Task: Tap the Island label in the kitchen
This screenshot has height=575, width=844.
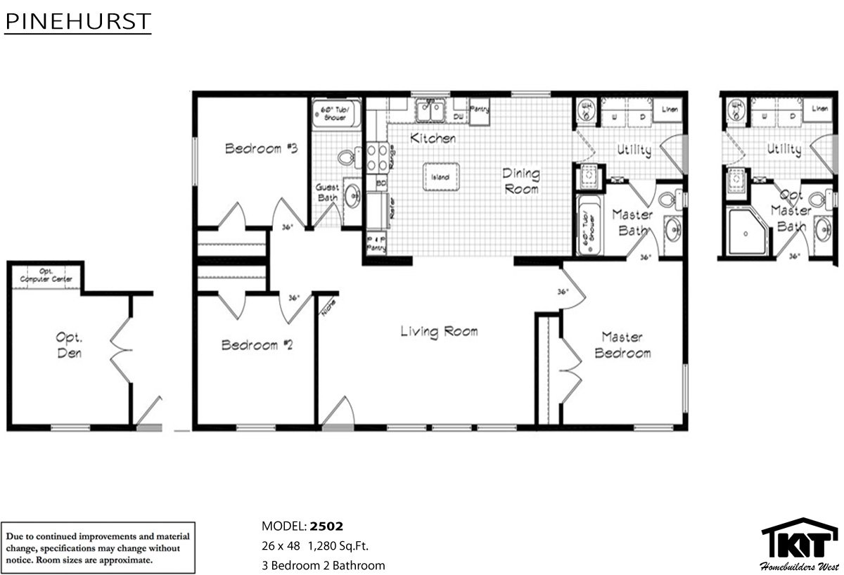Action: pos(440,176)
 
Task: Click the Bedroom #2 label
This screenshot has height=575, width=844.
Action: pos(249,345)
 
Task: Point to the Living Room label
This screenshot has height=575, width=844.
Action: pos(439,331)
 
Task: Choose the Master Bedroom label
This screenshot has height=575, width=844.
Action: pos(622,345)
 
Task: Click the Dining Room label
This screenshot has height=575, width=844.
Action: pos(520,181)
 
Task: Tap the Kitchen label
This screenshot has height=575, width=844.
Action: pos(433,138)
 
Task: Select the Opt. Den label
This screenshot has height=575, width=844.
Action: pos(68,344)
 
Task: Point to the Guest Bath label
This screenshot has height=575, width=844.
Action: pos(327,193)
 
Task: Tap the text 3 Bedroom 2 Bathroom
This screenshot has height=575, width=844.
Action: pos(323,565)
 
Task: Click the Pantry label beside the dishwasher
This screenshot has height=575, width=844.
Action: pos(480,109)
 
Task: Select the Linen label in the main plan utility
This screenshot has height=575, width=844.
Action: pos(669,108)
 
